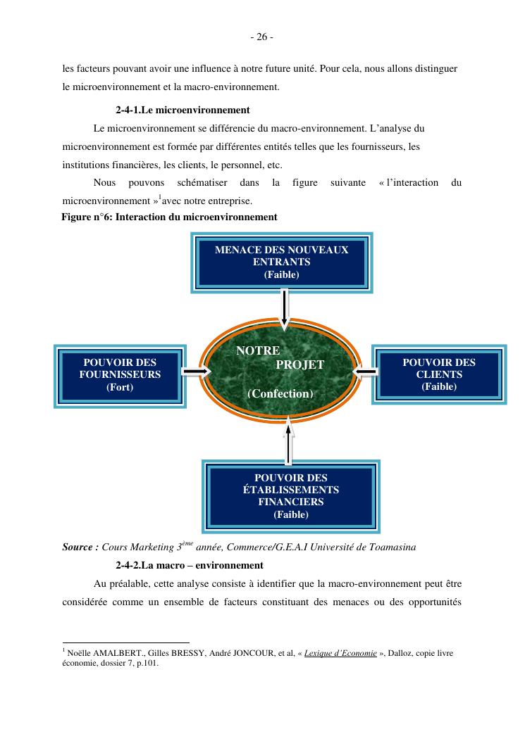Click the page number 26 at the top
click(x=261, y=37)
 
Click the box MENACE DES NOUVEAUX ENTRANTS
click(x=281, y=262)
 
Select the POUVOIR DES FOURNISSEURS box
click(x=120, y=375)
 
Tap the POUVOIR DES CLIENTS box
click(x=439, y=374)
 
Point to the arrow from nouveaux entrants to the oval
click(x=284, y=308)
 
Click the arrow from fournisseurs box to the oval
click(x=196, y=371)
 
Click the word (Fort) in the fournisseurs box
click(x=120, y=387)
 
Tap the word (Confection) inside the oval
click(x=280, y=394)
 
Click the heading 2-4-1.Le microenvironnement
click(x=183, y=110)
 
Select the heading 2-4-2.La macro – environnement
click(x=189, y=565)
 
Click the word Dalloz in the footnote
click(x=401, y=653)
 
